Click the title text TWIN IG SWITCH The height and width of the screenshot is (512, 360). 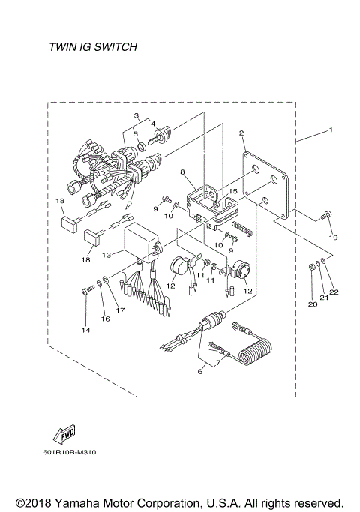click(92, 47)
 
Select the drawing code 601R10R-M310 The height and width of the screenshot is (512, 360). click(70, 452)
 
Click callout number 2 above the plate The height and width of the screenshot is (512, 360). click(241, 133)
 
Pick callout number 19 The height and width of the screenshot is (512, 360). click(333, 238)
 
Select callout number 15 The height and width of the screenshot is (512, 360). click(233, 193)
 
